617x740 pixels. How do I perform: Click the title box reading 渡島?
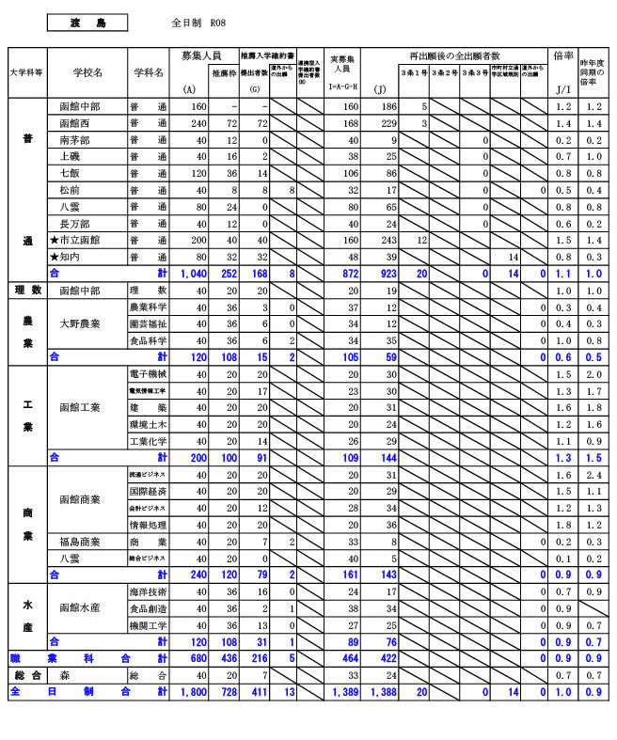87,22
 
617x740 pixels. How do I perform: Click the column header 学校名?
87,71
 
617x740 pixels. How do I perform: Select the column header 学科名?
148,71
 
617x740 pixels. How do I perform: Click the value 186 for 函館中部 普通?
386,107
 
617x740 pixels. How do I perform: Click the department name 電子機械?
148,374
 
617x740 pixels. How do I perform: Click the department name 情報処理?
148,525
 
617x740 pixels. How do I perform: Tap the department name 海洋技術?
148,591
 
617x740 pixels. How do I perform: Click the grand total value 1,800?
192,692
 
